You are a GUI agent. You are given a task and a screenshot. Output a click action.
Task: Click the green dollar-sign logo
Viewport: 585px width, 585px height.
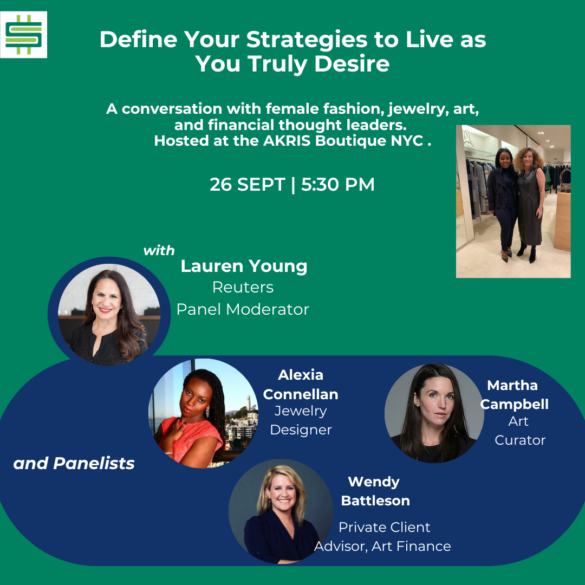pos(23,35)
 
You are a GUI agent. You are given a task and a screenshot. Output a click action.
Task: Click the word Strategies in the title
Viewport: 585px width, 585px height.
pos(307,40)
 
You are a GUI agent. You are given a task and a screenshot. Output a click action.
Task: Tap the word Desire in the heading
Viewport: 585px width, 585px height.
pos(352,63)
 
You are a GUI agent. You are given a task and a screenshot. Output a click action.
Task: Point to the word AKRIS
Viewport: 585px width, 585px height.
pos(287,141)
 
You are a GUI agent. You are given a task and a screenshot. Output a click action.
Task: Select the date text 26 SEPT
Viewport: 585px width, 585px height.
pos(248,184)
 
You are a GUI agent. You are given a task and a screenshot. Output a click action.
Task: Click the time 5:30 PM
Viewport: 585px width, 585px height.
pos(337,184)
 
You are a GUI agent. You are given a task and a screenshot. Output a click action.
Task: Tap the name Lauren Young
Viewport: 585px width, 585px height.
pos(244,266)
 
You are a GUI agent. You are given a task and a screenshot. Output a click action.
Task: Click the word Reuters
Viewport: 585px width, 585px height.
pos(243,287)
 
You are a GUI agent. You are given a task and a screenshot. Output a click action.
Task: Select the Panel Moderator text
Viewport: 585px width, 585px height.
pos(243,309)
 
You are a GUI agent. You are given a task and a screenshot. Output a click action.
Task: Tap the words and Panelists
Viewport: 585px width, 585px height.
pos(74,463)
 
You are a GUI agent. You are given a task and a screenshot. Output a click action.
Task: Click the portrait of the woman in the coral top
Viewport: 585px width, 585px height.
pos(203,413)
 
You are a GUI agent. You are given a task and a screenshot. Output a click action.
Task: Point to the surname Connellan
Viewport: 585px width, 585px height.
pos(301,394)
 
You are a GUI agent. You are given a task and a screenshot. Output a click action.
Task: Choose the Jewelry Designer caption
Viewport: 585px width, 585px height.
pos(301,420)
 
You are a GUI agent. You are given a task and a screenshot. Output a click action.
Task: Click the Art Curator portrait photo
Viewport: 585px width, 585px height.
pos(434,413)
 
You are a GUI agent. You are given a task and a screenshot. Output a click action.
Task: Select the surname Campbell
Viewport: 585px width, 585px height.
pos(514,405)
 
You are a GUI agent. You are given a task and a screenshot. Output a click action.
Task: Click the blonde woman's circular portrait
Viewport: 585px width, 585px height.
pos(281,511)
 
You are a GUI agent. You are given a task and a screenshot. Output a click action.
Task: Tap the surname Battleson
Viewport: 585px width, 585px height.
pos(375,500)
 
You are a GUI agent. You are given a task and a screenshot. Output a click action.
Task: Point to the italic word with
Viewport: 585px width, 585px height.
pos(159,250)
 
